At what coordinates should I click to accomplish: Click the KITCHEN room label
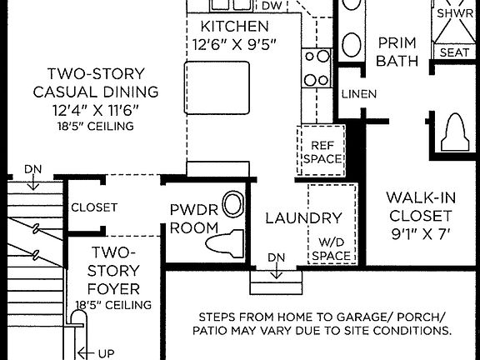[x=234, y=26]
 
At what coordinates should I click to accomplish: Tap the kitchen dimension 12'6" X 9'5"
[x=234, y=43]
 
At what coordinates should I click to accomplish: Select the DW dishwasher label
[x=272, y=6]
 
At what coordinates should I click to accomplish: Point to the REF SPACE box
[x=321, y=151]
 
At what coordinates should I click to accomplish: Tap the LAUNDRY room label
[x=303, y=218]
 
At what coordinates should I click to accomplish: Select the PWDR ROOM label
[x=193, y=218]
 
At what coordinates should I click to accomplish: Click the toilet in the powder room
[x=225, y=242]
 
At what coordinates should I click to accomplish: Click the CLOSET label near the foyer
[x=94, y=207]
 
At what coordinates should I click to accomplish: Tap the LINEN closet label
[x=358, y=93]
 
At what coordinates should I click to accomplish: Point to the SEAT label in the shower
[x=454, y=52]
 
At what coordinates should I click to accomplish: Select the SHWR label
[x=454, y=13]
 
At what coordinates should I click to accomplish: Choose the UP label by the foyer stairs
[x=106, y=353]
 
